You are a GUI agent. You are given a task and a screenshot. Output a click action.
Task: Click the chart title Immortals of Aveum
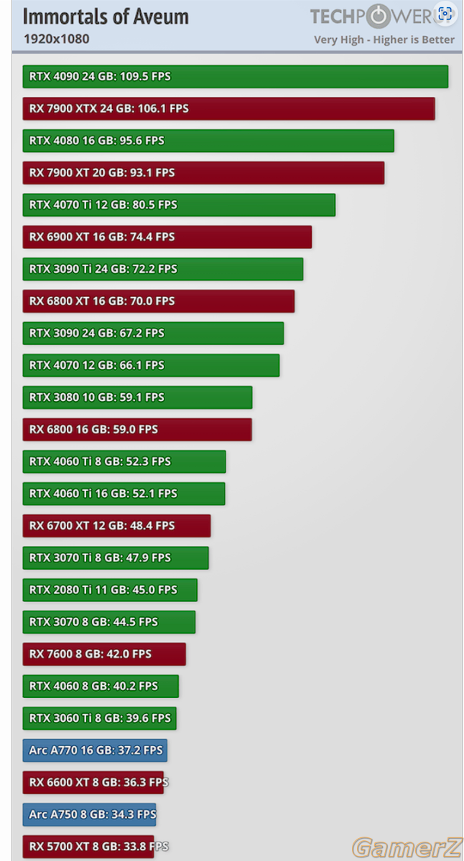pyautogui.click(x=106, y=17)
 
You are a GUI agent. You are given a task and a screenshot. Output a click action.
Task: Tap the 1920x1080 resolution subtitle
pyautogui.click(x=57, y=39)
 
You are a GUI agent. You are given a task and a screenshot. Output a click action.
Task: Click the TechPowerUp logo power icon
pyautogui.click(x=379, y=17)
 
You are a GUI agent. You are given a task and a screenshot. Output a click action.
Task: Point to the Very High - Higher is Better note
pyautogui.click(x=384, y=39)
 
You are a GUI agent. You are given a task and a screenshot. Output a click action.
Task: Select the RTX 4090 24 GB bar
pyautogui.click(x=236, y=77)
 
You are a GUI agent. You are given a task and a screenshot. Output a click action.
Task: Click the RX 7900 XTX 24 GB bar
pyautogui.click(x=229, y=108)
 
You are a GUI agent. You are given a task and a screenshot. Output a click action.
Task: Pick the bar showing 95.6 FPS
pyautogui.click(x=208, y=141)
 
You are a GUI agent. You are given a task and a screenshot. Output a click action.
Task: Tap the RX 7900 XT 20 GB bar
pyautogui.click(x=203, y=173)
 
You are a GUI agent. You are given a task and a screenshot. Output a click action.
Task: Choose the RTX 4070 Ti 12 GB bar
pyautogui.click(x=179, y=205)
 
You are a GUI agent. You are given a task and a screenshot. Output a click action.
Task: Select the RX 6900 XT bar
pyautogui.click(x=167, y=237)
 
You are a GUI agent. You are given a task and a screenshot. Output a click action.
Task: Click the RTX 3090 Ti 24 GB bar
pyautogui.click(x=163, y=269)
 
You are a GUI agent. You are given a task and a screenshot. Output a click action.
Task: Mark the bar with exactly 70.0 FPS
pyautogui.click(x=159, y=301)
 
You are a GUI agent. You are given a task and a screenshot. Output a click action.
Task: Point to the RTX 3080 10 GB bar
pyautogui.click(x=137, y=397)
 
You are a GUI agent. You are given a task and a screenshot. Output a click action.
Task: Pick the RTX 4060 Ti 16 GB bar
pyautogui.click(x=124, y=494)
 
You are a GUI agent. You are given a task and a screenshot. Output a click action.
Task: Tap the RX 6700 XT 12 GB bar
pyautogui.click(x=116, y=526)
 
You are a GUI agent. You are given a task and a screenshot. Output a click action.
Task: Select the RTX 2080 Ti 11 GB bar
pyautogui.click(x=110, y=590)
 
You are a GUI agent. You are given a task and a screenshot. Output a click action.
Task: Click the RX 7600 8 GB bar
pyautogui.click(x=104, y=654)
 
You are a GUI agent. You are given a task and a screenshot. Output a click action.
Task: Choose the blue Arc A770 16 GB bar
pyautogui.click(x=95, y=751)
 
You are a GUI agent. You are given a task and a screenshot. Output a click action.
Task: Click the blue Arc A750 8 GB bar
pyautogui.click(x=89, y=814)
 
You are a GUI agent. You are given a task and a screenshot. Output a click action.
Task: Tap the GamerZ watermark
pyautogui.click(x=407, y=847)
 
